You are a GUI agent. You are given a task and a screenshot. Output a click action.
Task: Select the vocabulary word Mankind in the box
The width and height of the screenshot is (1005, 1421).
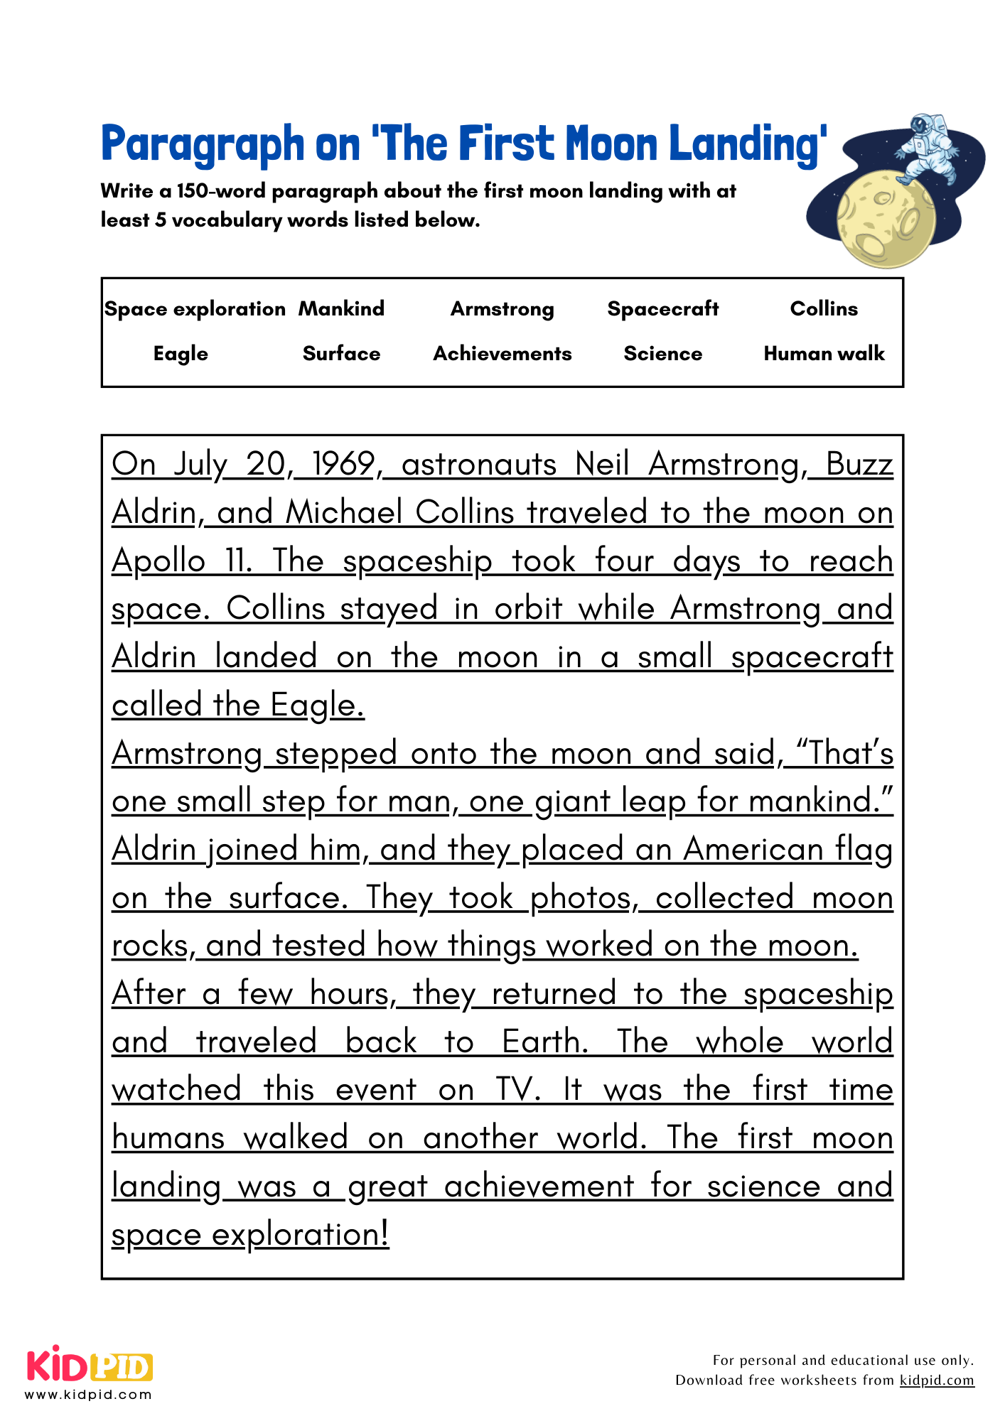tap(341, 308)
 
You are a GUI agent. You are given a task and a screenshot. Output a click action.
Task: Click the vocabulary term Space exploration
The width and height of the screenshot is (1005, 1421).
tap(195, 309)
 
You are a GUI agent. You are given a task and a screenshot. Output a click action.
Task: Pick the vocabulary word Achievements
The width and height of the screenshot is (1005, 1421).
tap(502, 353)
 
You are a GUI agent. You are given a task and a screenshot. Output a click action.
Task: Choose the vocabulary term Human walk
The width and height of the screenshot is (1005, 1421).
tap(824, 353)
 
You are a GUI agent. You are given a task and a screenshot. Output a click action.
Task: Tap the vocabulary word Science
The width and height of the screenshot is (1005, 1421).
tap(662, 353)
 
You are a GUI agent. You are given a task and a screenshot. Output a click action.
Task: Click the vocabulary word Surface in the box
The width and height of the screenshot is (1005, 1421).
tap(341, 353)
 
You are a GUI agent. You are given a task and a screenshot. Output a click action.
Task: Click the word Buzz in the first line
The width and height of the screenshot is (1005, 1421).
tap(859, 464)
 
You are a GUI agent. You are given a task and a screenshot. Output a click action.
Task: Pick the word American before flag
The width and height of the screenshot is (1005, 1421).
tap(753, 850)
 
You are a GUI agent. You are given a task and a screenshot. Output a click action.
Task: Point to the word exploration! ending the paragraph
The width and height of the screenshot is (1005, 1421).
tap(300, 1235)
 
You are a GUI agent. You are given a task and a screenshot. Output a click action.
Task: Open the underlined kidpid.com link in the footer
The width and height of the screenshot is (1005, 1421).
tap(936, 1381)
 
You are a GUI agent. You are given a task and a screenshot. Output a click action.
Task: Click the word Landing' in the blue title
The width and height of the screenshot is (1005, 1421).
tap(747, 144)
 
